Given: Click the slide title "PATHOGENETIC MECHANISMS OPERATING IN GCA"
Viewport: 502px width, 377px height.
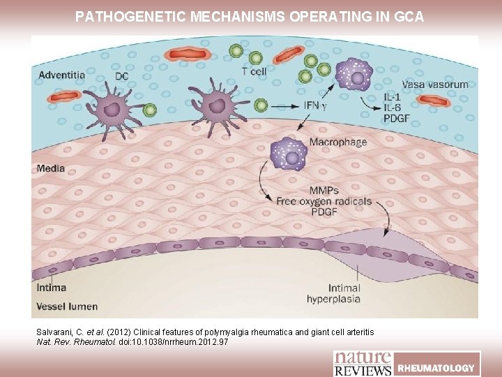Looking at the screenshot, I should tap(250, 15).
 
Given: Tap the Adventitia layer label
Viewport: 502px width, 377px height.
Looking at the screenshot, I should tap(62, 75).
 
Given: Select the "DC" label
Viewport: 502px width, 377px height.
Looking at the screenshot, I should tap(121, 77).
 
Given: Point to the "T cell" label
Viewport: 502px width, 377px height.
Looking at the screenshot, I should tap(254, 70).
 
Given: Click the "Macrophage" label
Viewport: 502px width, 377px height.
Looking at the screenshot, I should tap(338, 142).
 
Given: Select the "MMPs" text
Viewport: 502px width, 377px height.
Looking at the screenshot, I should tap(325, 190).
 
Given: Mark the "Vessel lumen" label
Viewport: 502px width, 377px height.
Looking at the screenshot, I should tap(68, 306).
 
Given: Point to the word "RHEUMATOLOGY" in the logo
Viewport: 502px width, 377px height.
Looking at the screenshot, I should tap(436, 367).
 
